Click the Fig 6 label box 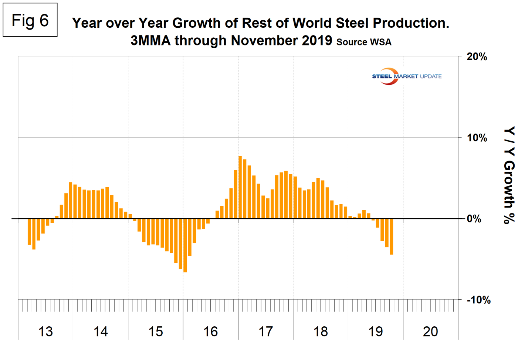pos(30,20)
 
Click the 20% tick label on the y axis pos(477,57)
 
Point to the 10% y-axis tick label pos(477,138)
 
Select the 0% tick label pos(474,219)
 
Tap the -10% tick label pos(478,300)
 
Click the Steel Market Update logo pos(406,76)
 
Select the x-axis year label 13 pos(45,332)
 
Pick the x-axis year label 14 pos(101,332)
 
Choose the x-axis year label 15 pos(156,332)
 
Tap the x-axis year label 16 pos(210,332)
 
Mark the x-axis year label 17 pos(265,332)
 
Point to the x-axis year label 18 pos(321,332)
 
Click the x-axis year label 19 pos(376,332)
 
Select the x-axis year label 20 pos(430,332)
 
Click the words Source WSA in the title pos(364,42)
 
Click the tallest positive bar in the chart pos(240,187)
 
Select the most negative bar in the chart pos(185,245)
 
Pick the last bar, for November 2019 pos(391,236)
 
